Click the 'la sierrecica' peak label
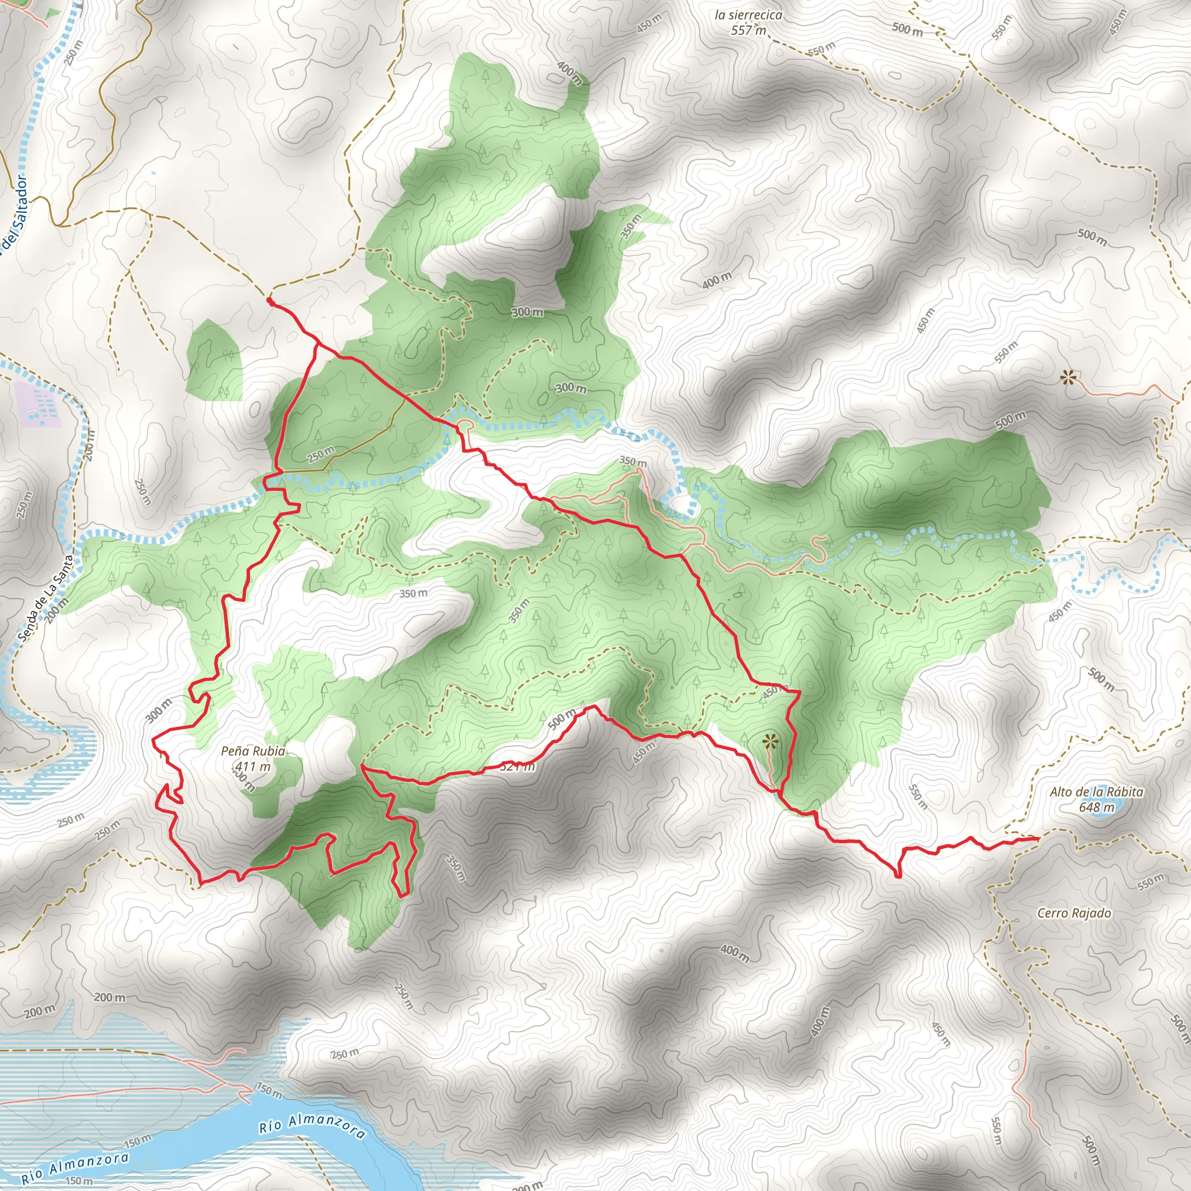tap(748, 15)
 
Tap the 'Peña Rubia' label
tap(253, 751)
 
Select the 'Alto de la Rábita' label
tap(1097, 792)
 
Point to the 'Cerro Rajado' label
tap(1074, 913)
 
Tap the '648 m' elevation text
tap(1097, 807)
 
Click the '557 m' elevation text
tap(748, 30)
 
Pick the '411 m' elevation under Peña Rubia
tap(253, 766)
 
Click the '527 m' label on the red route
tap(516, 767)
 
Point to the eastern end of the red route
tap(1039, 839)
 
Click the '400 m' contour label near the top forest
tap(569, 72)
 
